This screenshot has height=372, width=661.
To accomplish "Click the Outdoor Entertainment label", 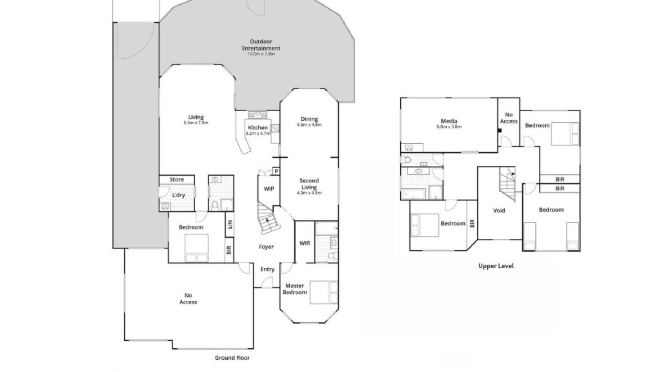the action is click(x=261, y=45).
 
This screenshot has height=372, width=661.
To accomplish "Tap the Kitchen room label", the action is click(x=258, y=127).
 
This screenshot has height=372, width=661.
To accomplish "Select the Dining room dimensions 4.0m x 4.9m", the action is click(x=309, y=125).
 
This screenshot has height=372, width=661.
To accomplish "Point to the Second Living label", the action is click(x=309, y=184).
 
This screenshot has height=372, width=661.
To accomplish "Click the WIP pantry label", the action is click(x=269, y=189).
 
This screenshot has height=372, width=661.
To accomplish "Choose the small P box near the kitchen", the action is click(x=276, y=171).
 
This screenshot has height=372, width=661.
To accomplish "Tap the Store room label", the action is click(x=177, y=179).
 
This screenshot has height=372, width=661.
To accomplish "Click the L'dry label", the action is click(x=178, y=195).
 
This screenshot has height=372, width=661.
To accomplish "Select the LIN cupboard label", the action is click(x=230, y=224).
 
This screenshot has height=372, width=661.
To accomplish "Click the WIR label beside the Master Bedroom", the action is click(x=305, y=243).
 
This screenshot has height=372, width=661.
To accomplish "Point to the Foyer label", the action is click(x=266, y=247).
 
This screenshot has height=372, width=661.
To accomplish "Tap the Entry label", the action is click(x=267, y=269).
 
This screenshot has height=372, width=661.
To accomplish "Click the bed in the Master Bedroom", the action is click(x=324, y=292).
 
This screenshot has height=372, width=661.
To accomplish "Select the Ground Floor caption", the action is click(x=232, y=358).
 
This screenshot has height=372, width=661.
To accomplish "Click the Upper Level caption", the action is click(x=496, y=266).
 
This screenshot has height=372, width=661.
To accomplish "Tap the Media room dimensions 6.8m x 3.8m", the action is click(x=449, y=127).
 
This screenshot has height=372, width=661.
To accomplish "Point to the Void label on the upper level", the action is click(x=499, y=210).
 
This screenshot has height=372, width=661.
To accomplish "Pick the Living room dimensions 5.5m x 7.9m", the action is click(x=196, y=123).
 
